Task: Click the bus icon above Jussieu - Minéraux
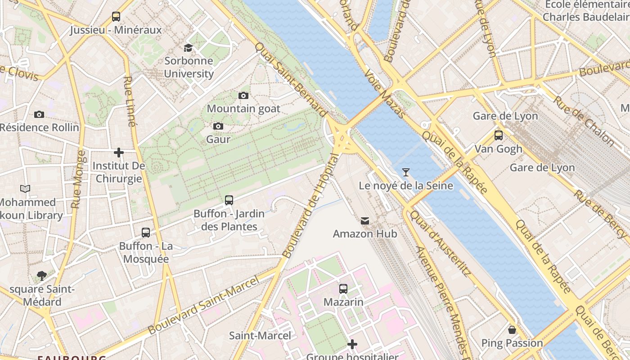pos(116,17)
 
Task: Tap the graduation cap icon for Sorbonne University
pos(188,48)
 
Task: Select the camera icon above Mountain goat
pos(243,95)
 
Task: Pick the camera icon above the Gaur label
pos(218,126)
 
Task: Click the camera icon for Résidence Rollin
pos(39,114)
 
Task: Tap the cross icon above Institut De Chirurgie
pos(119,153)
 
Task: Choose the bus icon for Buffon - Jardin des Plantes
pos(229,200)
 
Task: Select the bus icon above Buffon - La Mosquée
pos(146,233)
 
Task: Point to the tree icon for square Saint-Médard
pos(42,275)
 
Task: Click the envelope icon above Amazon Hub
pos(365,221)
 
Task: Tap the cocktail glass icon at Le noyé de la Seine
pos(406,172)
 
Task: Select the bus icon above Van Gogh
pos(498,135)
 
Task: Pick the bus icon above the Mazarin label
pos(343,288)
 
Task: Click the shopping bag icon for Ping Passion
pos(512,330)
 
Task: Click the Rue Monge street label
pos(78,179)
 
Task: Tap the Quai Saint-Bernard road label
pos(291,80)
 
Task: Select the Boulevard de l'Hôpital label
pos(310,206)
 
